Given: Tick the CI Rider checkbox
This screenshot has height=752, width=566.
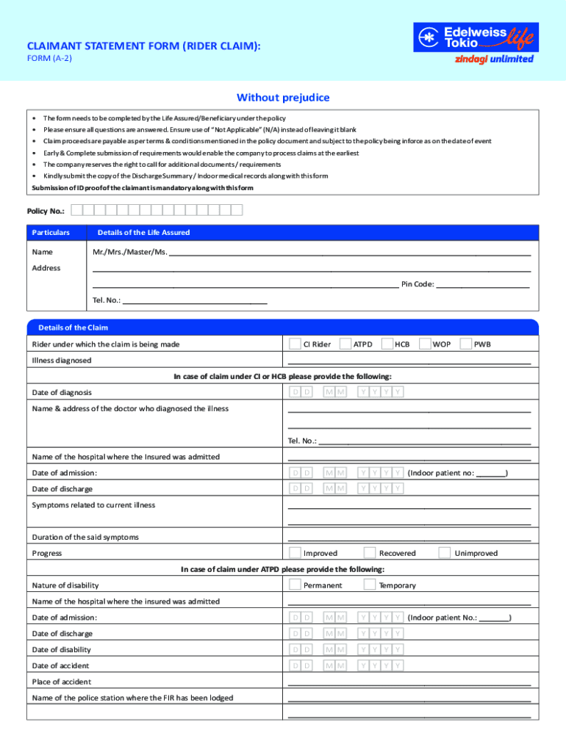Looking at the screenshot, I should (x=295, y=344).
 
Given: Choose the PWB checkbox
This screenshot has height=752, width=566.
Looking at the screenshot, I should (x=466, y=344).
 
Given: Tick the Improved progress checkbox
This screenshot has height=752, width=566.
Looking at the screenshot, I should (x=295, y=553).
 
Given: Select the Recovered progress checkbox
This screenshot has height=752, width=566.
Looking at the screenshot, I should (x=370, y=553).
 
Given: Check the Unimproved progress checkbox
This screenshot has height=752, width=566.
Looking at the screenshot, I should (x=445, y=553).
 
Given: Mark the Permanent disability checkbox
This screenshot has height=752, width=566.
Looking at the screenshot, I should (x=295, y=585).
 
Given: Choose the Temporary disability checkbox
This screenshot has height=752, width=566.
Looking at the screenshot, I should (x=370, y=585).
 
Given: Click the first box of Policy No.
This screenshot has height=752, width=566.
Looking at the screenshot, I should (x=87, y=210).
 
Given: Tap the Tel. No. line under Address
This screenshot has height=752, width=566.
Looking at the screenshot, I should (x=194, y=300).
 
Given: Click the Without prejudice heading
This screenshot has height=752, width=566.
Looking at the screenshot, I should (x=283, y=98).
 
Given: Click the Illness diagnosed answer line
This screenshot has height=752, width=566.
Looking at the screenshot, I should (x=409, y=361).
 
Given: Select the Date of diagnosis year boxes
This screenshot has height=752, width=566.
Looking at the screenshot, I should (x=381, y=392).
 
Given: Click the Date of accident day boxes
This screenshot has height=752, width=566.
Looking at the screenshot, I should (x=301, y=665).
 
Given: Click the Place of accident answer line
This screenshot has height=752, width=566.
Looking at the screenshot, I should (x=409, y=682).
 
